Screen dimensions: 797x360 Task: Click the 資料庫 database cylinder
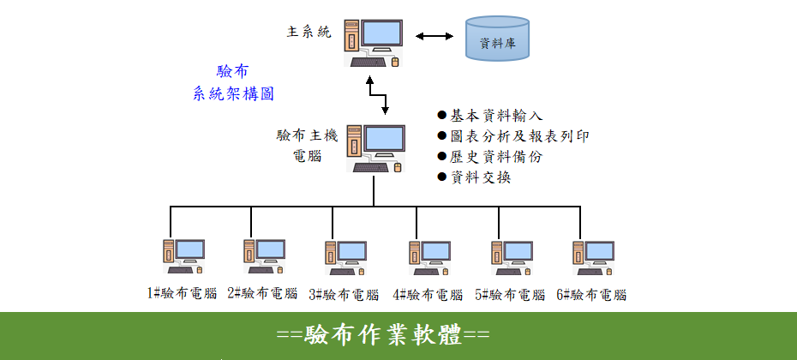coord(498,39)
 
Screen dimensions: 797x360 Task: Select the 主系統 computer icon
coord(373,43)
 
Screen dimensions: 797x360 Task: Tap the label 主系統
coord(309,33)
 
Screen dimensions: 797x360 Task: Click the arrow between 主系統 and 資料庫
coord(434,36)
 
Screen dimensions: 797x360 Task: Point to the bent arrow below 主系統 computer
coord(378,95)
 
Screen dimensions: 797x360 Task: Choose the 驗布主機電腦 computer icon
coord(376,148)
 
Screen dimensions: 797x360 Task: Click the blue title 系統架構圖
coord(234,94)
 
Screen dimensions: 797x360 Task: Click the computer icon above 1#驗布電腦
coord(183,257)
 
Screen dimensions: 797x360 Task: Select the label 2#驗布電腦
coord(262,293)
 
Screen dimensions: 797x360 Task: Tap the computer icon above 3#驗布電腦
coord(345,258)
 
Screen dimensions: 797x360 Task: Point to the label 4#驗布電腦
coord(428,294)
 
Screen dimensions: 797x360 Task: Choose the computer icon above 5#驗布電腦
coord(512,258)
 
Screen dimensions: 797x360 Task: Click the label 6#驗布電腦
coord(591,294)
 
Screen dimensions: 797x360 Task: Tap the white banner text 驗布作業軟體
coord(383,336)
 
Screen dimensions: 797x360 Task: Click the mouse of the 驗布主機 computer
coord(398,167)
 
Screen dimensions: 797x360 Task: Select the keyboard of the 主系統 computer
coord(368,63)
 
